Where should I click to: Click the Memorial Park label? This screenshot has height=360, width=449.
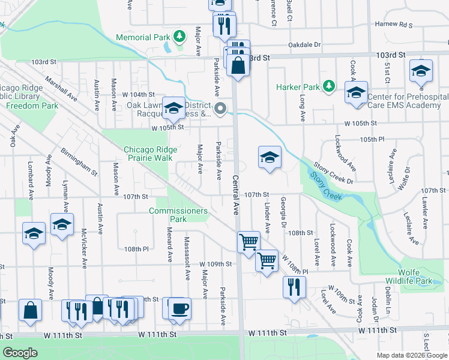143,37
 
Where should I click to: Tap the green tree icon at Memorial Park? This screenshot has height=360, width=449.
179,37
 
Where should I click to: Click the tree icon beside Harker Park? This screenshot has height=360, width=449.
328,87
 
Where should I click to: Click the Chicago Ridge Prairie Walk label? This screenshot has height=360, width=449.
150,154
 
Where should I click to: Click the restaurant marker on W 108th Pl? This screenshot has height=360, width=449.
294,286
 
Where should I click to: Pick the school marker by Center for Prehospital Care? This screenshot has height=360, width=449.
356,93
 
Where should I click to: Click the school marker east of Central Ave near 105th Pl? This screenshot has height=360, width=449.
270,158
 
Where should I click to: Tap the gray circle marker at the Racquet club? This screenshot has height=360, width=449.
220,109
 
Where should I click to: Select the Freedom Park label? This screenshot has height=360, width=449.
32,106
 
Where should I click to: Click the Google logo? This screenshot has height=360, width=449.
20,353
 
